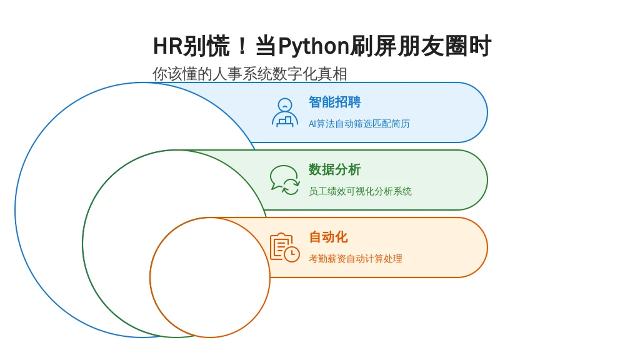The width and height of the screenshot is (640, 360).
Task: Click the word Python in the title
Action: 314,46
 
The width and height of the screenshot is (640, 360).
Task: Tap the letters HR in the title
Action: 167,46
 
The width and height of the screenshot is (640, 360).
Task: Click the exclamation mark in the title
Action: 242,46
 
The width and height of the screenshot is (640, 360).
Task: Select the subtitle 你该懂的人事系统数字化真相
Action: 250,74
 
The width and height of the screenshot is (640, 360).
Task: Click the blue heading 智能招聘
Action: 335,102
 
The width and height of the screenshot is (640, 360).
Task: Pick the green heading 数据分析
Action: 335,169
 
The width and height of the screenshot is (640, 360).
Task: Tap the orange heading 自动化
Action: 328,237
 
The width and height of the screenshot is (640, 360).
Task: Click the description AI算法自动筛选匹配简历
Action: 359,124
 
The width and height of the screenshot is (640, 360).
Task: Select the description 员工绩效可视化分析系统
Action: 360,191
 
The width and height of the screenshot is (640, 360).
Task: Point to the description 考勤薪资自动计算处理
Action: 356,258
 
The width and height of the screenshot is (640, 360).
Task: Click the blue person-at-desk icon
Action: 285,112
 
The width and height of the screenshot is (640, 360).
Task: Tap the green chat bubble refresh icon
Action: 285,180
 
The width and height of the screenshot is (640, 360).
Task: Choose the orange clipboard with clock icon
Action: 285,247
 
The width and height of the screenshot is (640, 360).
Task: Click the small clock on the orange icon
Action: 292,254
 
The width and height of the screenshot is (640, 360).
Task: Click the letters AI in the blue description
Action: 312,124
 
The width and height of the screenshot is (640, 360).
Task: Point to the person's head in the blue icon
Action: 285,105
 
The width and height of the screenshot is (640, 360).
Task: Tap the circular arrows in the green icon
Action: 291,186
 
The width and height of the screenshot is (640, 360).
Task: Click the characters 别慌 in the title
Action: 206,46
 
